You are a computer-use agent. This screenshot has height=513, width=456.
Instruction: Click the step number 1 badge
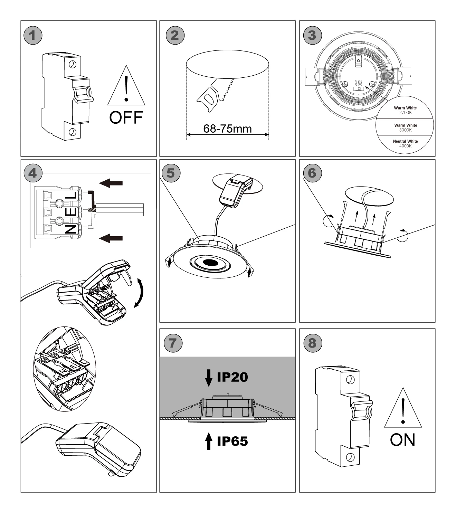click(33, 35)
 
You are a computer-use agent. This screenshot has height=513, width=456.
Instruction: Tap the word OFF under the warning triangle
click(126, 118)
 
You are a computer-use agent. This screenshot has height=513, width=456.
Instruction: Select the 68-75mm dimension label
click(227, 129)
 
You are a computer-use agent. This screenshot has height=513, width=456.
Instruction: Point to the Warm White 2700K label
click(405, 110)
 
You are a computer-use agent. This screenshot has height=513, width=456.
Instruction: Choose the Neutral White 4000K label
click(405, 143)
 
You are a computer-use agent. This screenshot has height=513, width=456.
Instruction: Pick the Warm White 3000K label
click(405, 127)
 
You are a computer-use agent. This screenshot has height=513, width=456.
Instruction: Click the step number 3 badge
click(312, 35)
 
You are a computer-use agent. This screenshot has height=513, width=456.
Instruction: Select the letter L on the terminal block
click(71, 196)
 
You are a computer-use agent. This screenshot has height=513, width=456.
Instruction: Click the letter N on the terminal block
click(71, 228)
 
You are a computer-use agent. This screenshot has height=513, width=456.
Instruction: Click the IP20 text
click(232, 377)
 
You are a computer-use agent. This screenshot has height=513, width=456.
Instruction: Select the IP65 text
click(232, 441)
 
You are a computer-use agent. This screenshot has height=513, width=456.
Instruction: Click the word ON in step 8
click(402, 440)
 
